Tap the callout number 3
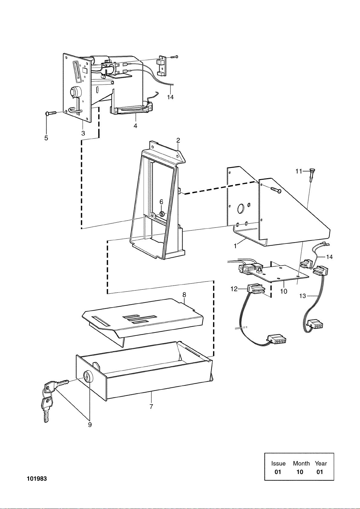click(83, 133)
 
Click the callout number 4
click(135, 125)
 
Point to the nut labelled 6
click(162, 214)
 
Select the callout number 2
click(178, 140)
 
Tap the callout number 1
click(235, 246)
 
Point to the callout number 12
click(234, 289)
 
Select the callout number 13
click(303, 296)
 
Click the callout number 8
click(184, 295)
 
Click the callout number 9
click(90, 424)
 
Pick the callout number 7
click(151, 406)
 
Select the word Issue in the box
click(278, 463)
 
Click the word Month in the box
click(301, 463)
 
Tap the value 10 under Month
click(300, 472)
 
